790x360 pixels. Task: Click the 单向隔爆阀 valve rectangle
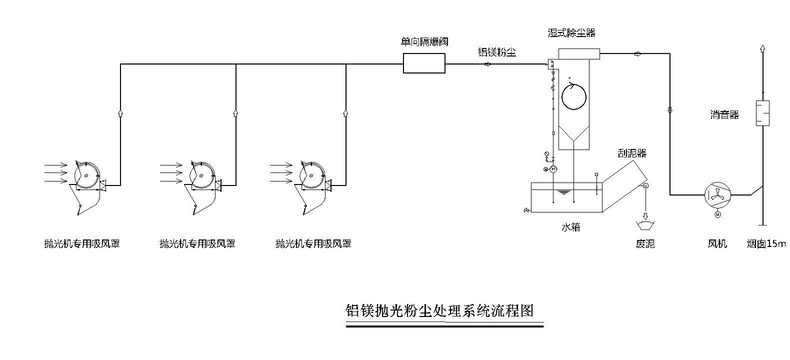click(x=424, y=63)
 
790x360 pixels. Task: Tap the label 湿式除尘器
click(x=571, y=33)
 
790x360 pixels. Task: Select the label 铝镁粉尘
click(x=497, y=52)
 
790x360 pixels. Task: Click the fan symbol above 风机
click(x=717, y=194)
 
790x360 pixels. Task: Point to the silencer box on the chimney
click(x=762, y=113)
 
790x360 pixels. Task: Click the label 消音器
click(x=724, y=114)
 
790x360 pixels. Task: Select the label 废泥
click(x=645, y=244)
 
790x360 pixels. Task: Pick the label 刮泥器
click(x=632, y=153)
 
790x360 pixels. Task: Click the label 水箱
click(x=570, y=227)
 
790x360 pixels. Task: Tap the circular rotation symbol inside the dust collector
click(x=573, y=96)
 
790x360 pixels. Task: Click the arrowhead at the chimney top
click(x=762, y=48)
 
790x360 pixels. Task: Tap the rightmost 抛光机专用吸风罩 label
click(x=313, y=244)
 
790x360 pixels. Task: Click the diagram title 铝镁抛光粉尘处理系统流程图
click(x=439, y=311)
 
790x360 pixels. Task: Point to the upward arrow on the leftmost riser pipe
click(x=120, y=113)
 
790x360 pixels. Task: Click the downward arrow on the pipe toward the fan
click(x=670, y=109)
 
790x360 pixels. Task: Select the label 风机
click(x=717, y=244)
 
